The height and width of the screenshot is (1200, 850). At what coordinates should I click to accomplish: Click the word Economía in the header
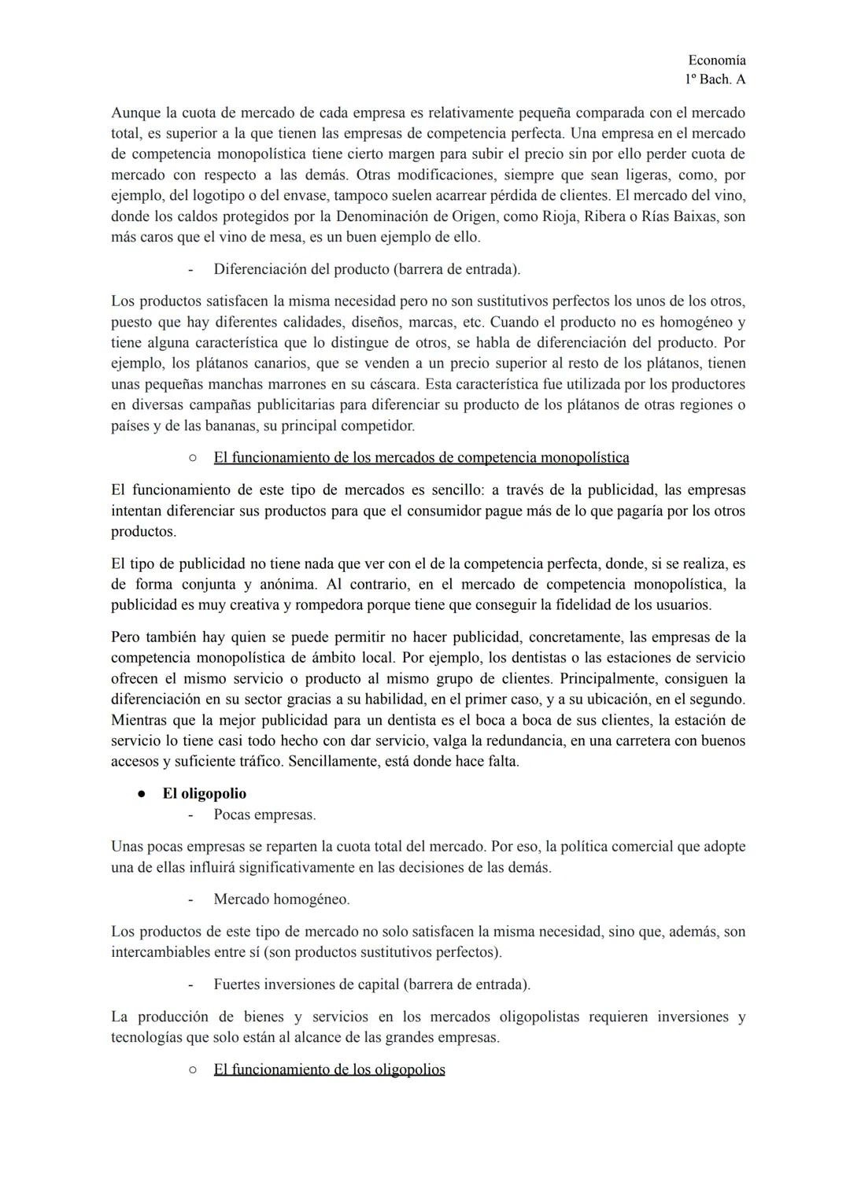pos(716,60)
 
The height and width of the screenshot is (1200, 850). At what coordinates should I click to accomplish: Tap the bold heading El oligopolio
pos(204,793)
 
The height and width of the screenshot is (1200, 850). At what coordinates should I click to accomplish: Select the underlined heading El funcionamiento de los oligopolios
pos(329,1069)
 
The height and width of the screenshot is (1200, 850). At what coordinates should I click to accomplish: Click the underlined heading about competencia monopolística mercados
pos(420,457)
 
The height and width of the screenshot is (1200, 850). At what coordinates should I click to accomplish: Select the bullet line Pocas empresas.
pos(264,814)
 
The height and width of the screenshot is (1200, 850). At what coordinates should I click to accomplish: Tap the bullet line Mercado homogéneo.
pos(281,899)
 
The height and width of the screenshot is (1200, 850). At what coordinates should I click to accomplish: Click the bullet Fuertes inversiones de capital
pos(371,984)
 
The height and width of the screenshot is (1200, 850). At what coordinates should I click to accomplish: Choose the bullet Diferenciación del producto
pos(366,269)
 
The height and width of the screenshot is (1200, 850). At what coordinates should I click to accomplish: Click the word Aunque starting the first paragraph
pos(135,113)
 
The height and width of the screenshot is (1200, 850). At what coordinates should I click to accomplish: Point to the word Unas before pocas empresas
pos(127,847)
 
